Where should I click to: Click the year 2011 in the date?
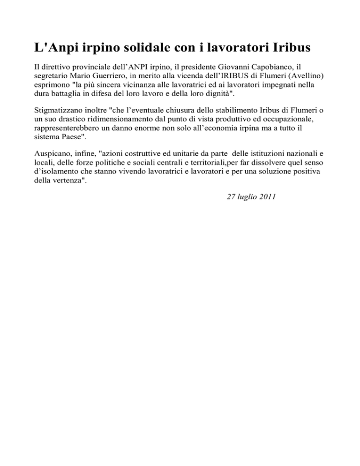267,197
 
